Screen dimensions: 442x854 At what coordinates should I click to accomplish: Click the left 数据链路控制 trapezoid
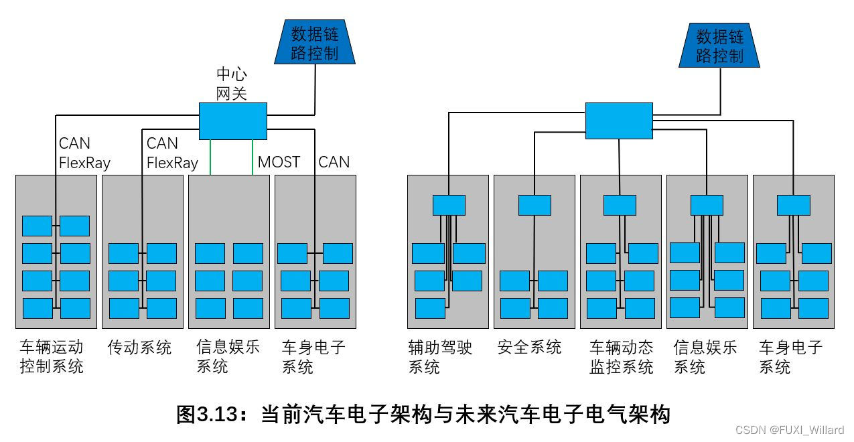(x=315, y=43)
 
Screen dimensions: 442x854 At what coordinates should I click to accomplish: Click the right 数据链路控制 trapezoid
(x=719, y=46)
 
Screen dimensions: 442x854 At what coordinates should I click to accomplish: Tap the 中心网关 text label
(x=232, y=84)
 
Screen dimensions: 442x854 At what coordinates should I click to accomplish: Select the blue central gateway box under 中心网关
(x=232, y=121)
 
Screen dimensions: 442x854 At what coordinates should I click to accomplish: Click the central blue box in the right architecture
(x=619, y=121)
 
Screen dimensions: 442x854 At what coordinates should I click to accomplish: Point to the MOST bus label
(x=279, y=162)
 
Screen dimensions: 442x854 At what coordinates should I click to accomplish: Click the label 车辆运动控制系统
(x=52, y=356)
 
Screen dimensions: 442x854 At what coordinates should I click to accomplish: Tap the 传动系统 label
(x=139, y=348)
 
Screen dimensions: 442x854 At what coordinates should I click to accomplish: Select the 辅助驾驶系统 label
(x=440, y=356)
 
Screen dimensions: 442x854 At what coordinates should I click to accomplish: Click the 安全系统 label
(x=529, y=348)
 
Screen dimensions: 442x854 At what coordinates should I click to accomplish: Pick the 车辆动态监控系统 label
(x=621, y=356)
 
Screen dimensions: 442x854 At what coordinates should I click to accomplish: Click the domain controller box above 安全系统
(x=535, y=205)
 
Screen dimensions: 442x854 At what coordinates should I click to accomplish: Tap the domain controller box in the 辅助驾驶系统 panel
(x=449, y=205)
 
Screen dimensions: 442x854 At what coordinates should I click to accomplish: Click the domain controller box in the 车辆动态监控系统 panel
(x=620, y=205)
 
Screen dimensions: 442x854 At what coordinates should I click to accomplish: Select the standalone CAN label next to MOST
(x=334, y=162)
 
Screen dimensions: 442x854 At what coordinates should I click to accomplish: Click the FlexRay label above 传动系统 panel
(x=172, y=163)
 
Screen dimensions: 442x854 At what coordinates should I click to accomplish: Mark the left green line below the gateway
(x=211, y=157)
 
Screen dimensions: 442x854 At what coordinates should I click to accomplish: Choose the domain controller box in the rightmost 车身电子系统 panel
(x=793, y=205)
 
